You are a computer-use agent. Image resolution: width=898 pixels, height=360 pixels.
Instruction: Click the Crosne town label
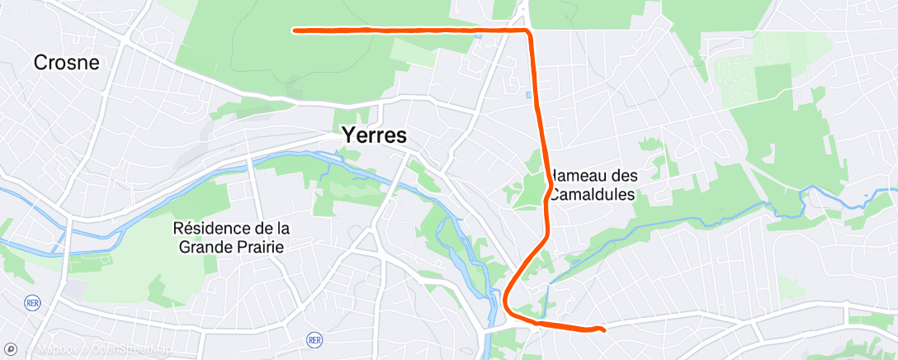66,63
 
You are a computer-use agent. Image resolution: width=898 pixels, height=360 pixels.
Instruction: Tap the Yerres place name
374,136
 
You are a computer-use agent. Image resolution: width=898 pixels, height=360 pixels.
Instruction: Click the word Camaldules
593,196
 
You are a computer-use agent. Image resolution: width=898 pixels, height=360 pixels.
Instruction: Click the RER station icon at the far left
33,302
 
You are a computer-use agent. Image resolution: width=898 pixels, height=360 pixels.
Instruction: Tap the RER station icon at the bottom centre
314,339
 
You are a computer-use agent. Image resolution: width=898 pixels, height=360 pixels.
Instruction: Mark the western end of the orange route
295,31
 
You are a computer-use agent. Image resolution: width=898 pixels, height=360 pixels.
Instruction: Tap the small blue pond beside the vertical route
529,96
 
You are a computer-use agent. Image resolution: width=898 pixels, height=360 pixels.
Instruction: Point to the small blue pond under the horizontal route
479,36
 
